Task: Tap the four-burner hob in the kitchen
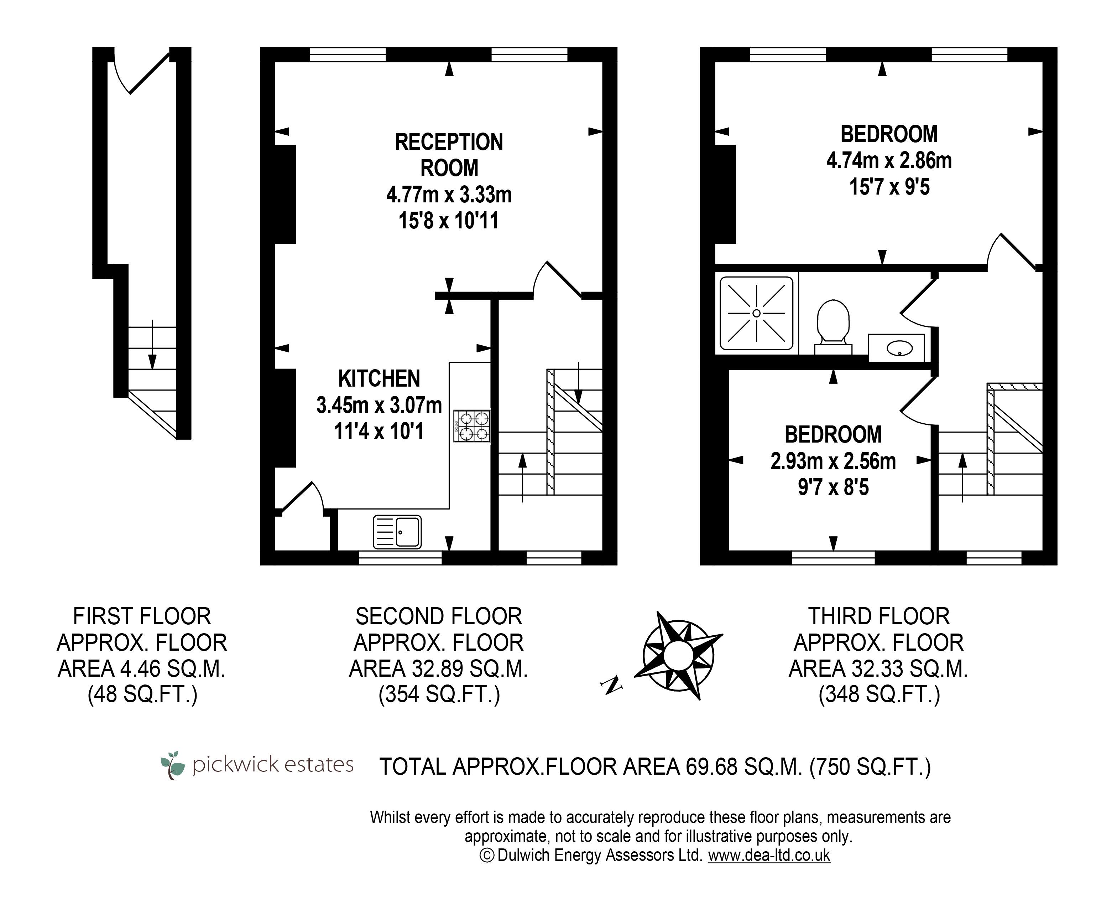(471, 426)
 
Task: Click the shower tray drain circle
(756, 313)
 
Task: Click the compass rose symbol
(678, 655)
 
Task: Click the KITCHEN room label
(379, 378)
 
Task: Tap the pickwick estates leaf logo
(173, 764)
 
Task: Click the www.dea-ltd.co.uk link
(769, 855)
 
